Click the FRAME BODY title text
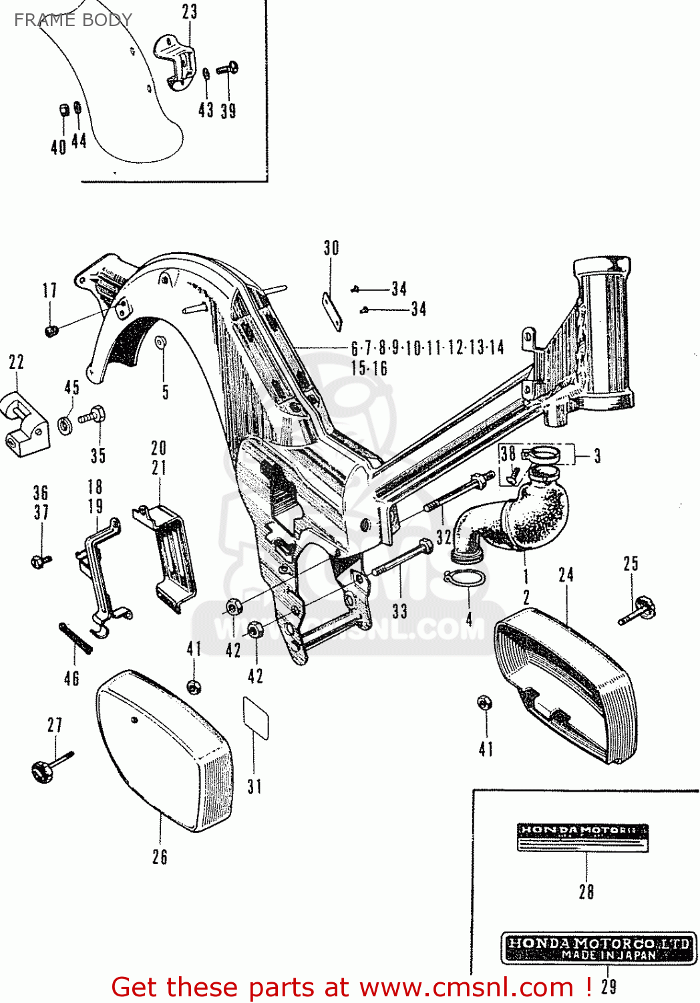pyautogui.click(x=73, y=20)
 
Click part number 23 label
pyautogui.click(x=190, y=12)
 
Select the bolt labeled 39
pyautogui.click(x=228, y=68)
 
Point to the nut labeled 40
pyautogui.click(x=62, y=110)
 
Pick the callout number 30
pyautogui.click(x=331, y=248)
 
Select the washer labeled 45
pyautogui.click(x=66, y=424)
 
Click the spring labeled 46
pyautogui.click(x=75, y=639)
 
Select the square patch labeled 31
pyautogui.click(x=256, y=717)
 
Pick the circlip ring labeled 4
pyautogui.click(x=465, y=577)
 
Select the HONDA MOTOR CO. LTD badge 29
pyautogui.click(x=598, y=948)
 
